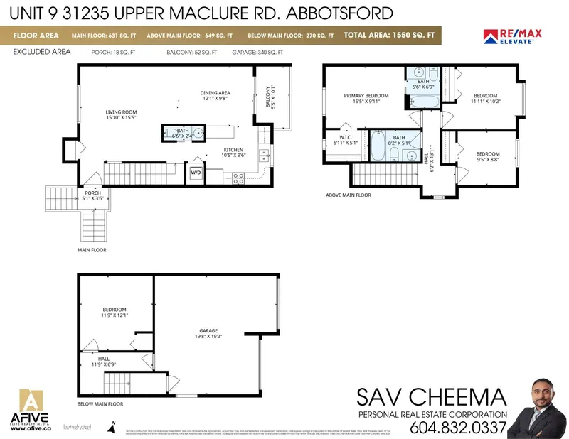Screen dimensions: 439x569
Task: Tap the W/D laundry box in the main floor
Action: [196, 171]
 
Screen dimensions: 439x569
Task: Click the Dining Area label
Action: [215, 96]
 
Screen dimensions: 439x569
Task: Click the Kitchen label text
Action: [234, 153]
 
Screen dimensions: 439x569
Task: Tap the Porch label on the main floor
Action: [92, 195]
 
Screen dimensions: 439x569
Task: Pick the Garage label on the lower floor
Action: [208, 334]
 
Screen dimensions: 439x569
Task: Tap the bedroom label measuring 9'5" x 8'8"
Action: [488, 157]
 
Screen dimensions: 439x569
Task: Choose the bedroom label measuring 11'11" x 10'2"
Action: [486, 98]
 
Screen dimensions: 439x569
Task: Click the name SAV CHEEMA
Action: [432, 396]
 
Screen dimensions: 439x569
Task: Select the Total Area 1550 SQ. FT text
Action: [390, 35]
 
